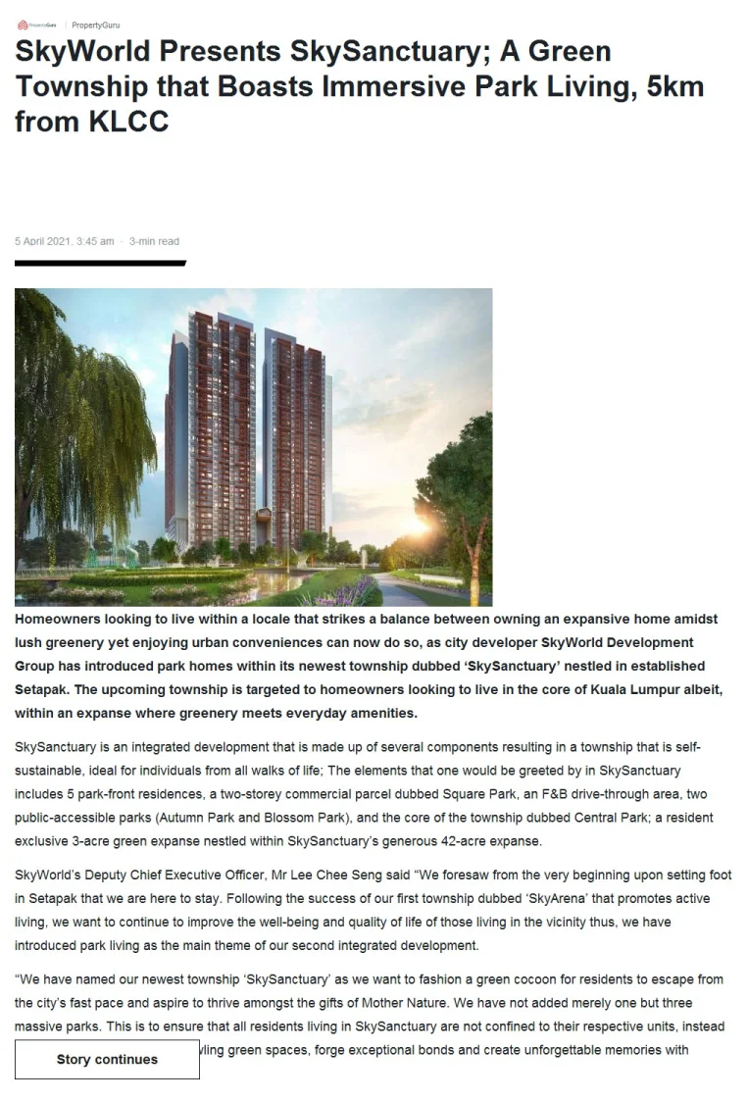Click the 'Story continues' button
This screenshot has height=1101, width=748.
(x=107, y=1059)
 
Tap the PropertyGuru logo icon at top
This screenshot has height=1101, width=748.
(x=23, y=25)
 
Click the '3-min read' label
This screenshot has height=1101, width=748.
(x=154, y=241)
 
